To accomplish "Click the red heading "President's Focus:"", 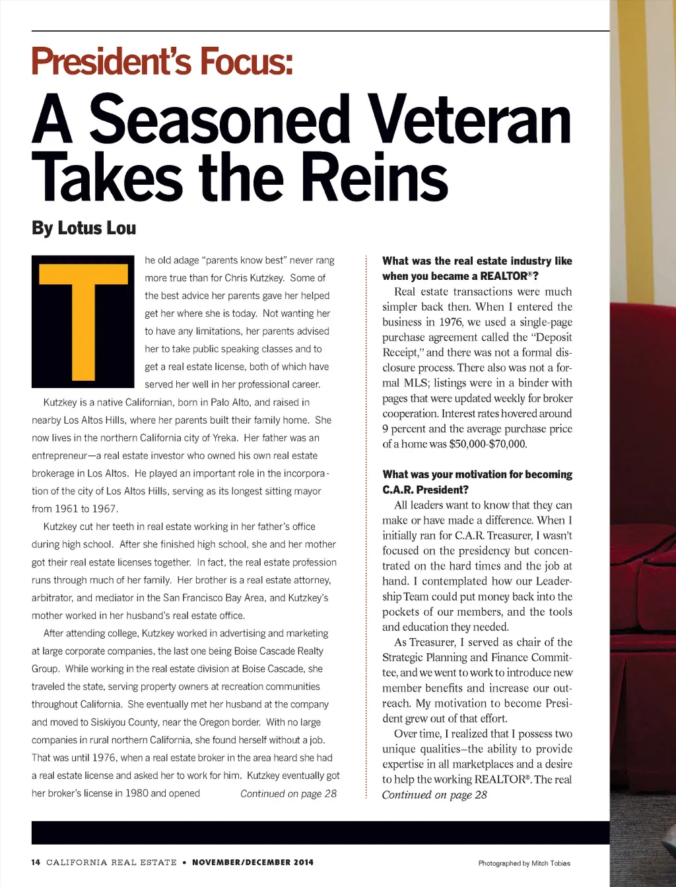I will [162, 61].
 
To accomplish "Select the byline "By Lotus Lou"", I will [84, 228].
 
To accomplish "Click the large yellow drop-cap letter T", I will [83, 321].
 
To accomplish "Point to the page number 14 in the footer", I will [36, 862].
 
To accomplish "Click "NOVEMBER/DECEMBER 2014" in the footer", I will [253, 862].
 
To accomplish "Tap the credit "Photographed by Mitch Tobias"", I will [524, 863].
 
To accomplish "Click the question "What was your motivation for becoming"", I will [477, 475].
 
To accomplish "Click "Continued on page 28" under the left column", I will [288, 793].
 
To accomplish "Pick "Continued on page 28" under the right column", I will [434, 795].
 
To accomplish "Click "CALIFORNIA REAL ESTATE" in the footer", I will [112, 862].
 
